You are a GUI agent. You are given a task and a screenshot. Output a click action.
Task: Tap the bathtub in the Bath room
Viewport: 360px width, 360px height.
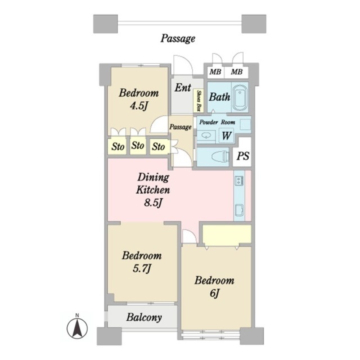[240, 97]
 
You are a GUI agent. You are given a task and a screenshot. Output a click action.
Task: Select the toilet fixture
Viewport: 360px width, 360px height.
[219, 157]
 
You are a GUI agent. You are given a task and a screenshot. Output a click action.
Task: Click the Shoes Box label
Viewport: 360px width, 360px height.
[199, 101]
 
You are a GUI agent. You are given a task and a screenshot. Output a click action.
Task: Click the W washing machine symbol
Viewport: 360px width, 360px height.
[226, 135]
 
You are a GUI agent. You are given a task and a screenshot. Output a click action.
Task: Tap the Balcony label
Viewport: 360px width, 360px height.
[144, 317]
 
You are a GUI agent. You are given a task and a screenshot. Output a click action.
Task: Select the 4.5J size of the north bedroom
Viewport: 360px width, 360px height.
[139, 106]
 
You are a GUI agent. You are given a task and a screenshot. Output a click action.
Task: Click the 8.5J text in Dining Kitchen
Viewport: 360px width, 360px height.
[154, 202]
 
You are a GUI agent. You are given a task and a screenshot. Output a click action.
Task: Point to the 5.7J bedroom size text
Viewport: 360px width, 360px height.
[142, 268]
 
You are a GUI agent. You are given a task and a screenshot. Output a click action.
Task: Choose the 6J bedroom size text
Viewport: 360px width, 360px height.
[214, 293]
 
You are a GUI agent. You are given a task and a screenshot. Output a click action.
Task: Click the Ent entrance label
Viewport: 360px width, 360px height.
[183, 88]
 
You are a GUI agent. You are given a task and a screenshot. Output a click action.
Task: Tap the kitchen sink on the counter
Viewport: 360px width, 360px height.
[239, 210]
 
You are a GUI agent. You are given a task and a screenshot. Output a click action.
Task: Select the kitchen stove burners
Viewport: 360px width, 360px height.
[239, 180]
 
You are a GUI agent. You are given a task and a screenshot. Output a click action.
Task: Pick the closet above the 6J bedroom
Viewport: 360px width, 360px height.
[227, 234]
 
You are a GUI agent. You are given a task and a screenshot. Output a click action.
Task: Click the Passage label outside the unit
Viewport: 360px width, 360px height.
[178, 38]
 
